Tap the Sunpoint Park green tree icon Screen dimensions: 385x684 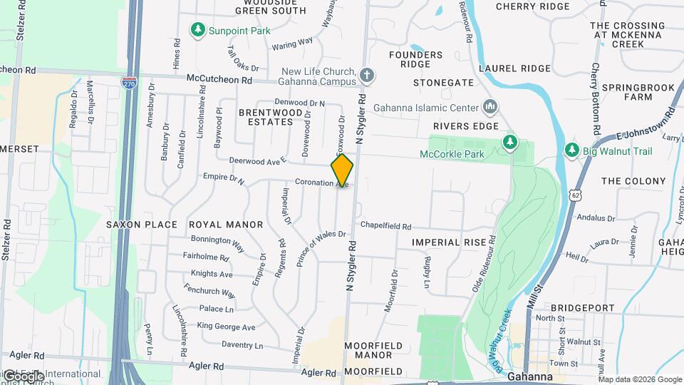[198, 31]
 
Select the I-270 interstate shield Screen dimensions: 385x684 [129, 83]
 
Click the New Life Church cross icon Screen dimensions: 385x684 [367, 75]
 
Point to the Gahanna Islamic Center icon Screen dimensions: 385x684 [489, 107]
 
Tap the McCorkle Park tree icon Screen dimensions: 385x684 [509, 143]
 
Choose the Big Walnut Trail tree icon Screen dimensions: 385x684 [571, 150]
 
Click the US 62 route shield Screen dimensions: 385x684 [575, 194]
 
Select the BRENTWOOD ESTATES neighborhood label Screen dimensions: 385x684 [266, 117]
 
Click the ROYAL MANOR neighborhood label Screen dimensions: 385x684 [226, 225]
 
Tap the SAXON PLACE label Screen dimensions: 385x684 [141, 225]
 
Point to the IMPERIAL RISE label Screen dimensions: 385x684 [448, 242]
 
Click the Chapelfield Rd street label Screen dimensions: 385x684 [385, 226]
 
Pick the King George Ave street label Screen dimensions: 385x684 [226, 327]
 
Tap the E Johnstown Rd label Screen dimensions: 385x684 [644, 124]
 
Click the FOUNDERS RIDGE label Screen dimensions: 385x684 [416, 59]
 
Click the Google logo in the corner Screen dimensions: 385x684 [24, 376]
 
